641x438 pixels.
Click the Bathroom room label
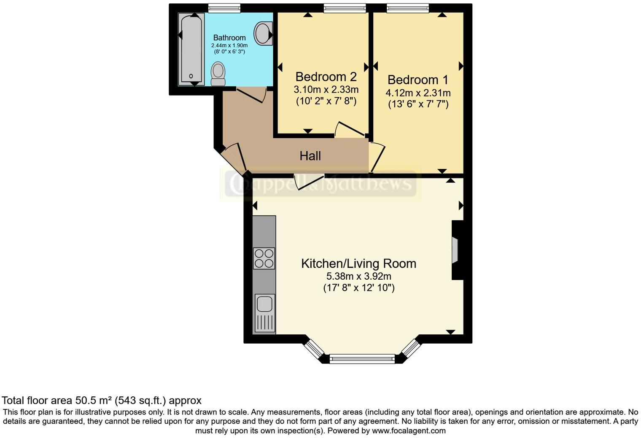coord(229,37)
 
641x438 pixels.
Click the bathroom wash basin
coord(264,33)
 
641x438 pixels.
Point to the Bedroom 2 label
coord(326,77)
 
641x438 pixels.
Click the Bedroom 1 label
coord(417,80)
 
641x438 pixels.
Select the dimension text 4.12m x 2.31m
coord(417,93)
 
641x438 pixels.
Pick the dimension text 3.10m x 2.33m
coord(326,89)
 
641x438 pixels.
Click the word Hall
coord(310,156)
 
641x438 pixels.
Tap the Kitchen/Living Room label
coord(358,264)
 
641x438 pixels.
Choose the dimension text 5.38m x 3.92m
coord(358,276)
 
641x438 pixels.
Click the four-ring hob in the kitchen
coord(264,258)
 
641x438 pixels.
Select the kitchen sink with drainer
coord(264,313)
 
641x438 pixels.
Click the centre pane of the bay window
coord(362,359)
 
